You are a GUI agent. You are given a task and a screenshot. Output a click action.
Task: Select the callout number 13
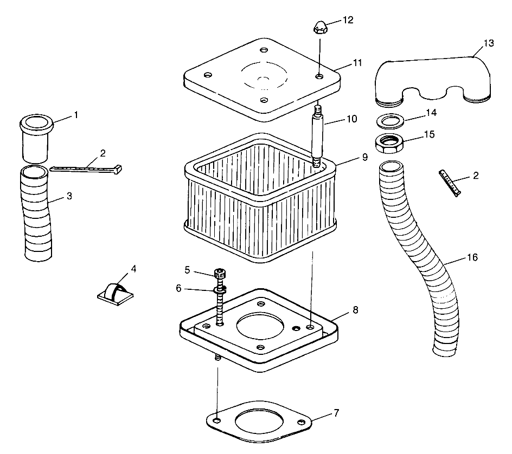point(489,43)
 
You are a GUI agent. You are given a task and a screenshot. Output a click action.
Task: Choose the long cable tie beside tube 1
point(87,168)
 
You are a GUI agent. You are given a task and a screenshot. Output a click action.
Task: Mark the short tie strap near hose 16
point(450,183)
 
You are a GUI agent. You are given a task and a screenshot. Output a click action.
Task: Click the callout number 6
point(178,288)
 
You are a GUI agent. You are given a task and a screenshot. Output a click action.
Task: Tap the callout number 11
point(356,63)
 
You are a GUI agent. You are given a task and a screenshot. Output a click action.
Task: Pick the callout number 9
point(364,157)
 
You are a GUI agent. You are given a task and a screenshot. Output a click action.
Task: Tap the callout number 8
point(356,310)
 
